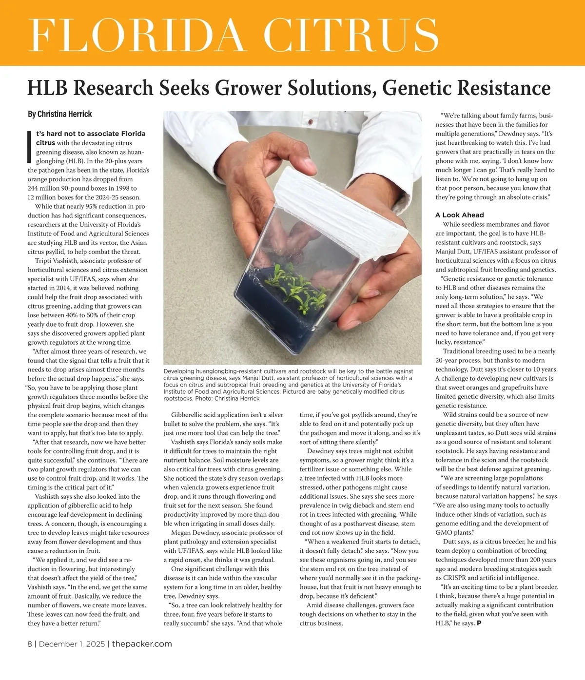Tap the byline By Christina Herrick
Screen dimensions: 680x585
(x=60, y=114)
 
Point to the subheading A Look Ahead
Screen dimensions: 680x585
(x=459, y=215)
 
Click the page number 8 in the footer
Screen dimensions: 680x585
(x=30, y=644)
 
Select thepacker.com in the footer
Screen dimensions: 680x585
(x=142, y=644)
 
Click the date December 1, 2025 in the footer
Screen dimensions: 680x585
(x=72, y=644)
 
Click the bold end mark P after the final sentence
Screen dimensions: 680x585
(x=479, y=623)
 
